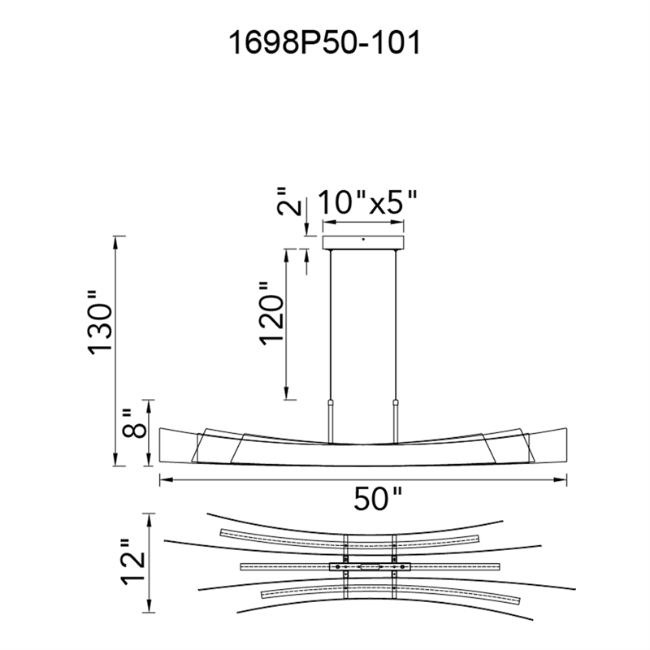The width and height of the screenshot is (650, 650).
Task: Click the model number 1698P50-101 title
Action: [x=324, y=43]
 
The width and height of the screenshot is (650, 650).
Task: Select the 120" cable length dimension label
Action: [x=272, y=314]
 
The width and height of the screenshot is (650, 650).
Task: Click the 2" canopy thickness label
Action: [x=288, y=201]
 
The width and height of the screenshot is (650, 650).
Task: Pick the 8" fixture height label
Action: [x=134, y=423]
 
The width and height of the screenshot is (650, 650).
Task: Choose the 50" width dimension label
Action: [x=378, y=498]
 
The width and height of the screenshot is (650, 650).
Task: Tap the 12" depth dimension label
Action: [x=133, y=562]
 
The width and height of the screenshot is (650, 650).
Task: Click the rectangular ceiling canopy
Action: [x=363, y=242]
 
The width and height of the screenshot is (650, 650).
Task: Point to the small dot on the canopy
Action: [x=363, y=239]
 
